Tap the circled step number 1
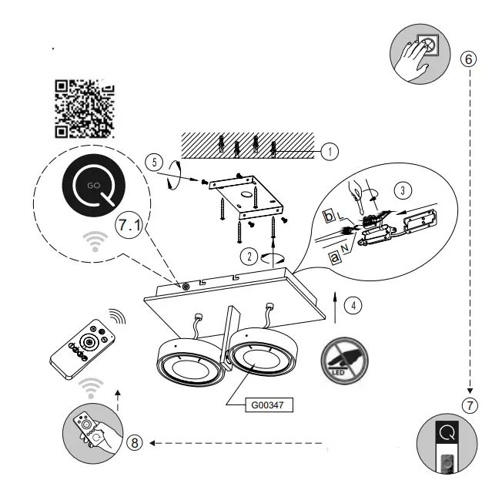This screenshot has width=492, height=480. [x=330, y=152]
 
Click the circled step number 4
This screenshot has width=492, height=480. [x=351, y=304]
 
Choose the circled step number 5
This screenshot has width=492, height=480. [x=154, y=163]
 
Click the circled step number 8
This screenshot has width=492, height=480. [x=134, y=442]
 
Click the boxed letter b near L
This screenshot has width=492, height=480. [x=329, y=216]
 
